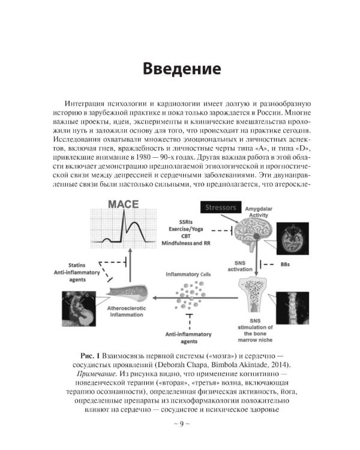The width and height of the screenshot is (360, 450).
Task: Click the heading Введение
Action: pos(181,68)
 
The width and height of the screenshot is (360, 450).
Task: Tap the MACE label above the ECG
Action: pos(122,205)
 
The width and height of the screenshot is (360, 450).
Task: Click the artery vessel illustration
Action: pos(124,293)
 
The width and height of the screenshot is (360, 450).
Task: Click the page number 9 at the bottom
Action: pos(180,424)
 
